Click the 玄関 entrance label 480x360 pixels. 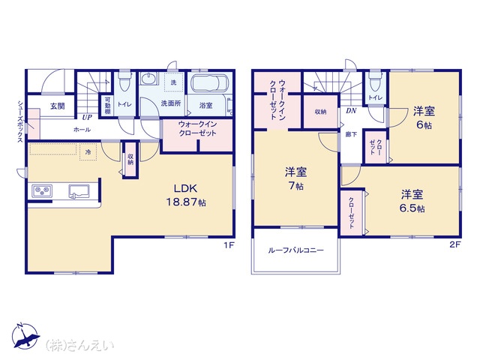click(58, 106)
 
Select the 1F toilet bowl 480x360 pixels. click(124, 82)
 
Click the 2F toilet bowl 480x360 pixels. click(375, 80)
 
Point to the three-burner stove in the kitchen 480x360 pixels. click(42, 191)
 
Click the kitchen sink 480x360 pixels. click(79, 192)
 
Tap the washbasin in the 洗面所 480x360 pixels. click(148, 79)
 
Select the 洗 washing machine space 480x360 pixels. click(173, 82)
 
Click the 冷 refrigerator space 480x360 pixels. click(88, 151)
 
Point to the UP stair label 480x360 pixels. click(87, 117)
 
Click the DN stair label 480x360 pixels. click(351, 111)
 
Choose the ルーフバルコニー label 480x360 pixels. click(295, 250)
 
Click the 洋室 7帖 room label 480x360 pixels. click(295, 178)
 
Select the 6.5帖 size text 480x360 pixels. click(412, 208)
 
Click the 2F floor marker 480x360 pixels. click(454, 244)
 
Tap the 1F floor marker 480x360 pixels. click(228, 245)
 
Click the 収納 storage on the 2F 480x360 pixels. click(320, 112)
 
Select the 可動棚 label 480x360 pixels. click(107, 106)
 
